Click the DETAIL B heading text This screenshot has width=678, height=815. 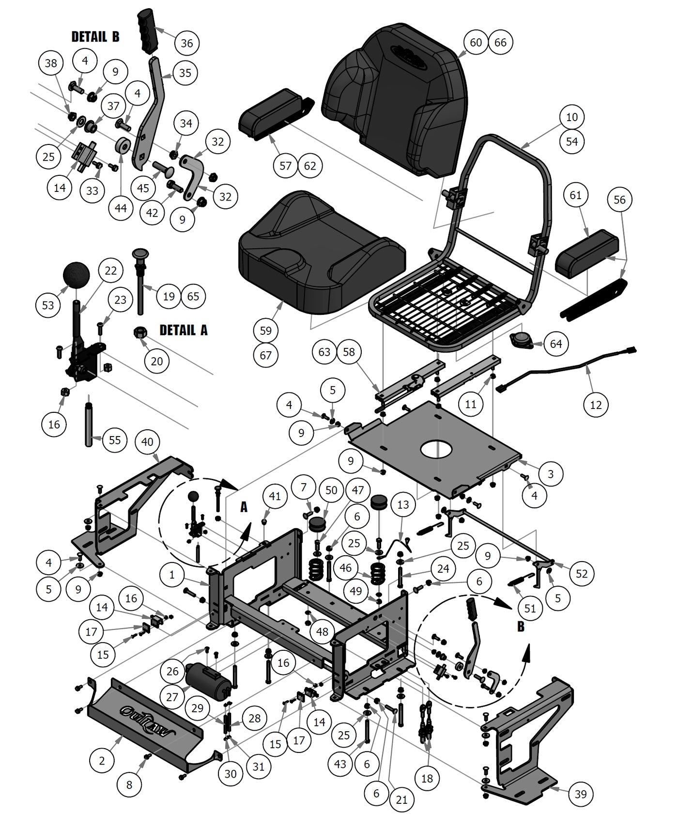point(95,37)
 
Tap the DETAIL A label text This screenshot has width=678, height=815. point(183,330)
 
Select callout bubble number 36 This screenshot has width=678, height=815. point(186,43)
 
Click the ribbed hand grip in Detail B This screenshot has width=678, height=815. point(148,32)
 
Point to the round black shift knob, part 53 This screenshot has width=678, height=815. point(77,277)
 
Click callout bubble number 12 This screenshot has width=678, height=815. point(596,405)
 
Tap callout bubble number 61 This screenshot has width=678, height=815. point(575,195)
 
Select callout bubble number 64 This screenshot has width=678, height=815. point(555,344)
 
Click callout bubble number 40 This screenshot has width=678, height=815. point(147,442)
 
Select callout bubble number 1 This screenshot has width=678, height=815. point(172,575)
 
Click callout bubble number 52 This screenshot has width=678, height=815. point(581,574)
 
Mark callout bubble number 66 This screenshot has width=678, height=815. point(500,42)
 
